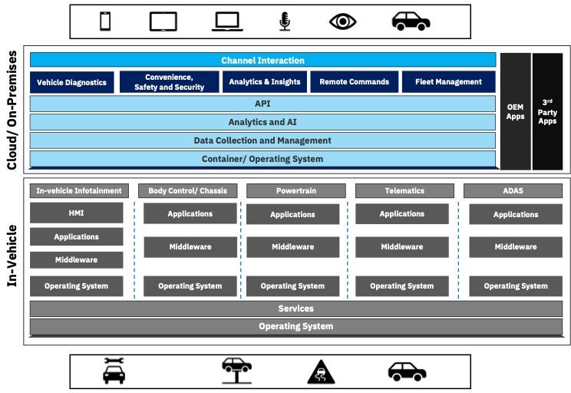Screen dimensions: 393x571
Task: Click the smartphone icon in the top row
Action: [105, 21]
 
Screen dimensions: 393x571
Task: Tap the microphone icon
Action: [285, 21]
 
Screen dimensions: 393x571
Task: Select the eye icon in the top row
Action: [343, 21]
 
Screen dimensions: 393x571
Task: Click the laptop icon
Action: [227, 22]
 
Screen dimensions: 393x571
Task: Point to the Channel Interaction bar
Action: [262, 61]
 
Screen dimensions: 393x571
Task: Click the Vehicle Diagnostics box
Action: [72, 82]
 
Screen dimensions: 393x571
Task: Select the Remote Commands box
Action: [354, 82]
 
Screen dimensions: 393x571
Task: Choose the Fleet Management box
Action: [448, 82]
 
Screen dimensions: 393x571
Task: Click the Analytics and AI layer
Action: [262, 122]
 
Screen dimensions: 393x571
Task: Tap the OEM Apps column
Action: [515, 111]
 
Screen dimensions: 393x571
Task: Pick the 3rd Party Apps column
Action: [547, 111]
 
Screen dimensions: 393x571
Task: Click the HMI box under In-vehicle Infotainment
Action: [76, 213]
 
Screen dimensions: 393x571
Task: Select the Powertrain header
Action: [292, 190]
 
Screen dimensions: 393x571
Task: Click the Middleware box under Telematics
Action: [401, 247]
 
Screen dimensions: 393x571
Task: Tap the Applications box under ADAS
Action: [515, 215]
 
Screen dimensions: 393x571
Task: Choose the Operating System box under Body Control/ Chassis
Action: [190, 286]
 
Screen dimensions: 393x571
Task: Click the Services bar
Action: [295, 309]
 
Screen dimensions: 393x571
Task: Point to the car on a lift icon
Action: [237, 371]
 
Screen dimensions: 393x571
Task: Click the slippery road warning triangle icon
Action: [321, 372]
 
